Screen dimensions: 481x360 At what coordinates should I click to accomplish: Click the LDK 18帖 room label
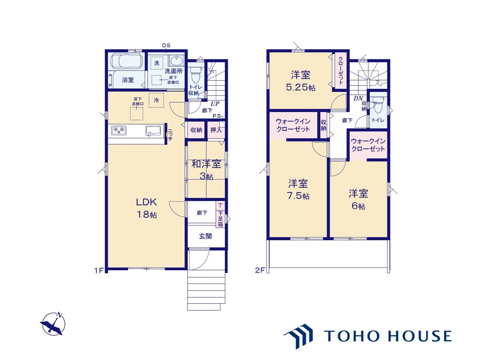147,208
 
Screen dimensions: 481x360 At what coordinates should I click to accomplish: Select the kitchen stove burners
119,130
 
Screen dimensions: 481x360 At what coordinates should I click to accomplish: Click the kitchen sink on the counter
153,130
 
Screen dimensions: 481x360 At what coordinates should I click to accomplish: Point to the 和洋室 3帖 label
206,170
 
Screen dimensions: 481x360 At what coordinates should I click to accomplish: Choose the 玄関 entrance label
205,236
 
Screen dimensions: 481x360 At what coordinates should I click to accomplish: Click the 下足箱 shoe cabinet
220,214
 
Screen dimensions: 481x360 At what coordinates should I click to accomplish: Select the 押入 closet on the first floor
216,130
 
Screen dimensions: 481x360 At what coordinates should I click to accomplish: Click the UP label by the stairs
215,104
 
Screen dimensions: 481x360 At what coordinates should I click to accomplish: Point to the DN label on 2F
358,99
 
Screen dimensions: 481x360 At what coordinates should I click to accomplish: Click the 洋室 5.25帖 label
300,81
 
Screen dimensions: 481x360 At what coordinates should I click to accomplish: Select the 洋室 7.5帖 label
298,189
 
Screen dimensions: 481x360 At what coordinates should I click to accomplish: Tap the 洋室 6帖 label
358,200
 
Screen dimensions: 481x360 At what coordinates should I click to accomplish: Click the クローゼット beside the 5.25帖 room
340,71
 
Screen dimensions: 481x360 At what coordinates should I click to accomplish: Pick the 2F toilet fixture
378,105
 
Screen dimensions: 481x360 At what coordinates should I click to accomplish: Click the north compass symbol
53,324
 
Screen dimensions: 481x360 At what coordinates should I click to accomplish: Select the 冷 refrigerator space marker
157,100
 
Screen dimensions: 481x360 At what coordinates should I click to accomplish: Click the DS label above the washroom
166,46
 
